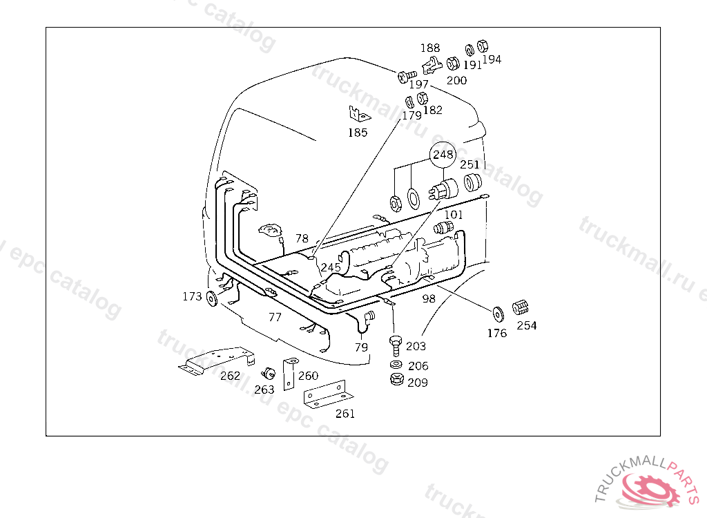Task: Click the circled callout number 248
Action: pos(443,155)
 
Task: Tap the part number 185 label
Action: pos(358,133)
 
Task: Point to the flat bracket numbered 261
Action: pos(325,395)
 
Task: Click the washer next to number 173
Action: pos(211,298)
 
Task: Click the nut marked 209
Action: pos(396,380)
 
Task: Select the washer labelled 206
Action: pos(395,365)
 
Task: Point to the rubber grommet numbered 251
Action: pos(473,182)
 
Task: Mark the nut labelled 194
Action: pos(483,46)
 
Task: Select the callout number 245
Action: pos(331,268)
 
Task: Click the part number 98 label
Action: pos(429,298)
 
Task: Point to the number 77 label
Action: pos(275,317)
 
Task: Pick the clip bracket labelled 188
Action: pos(432,65)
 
